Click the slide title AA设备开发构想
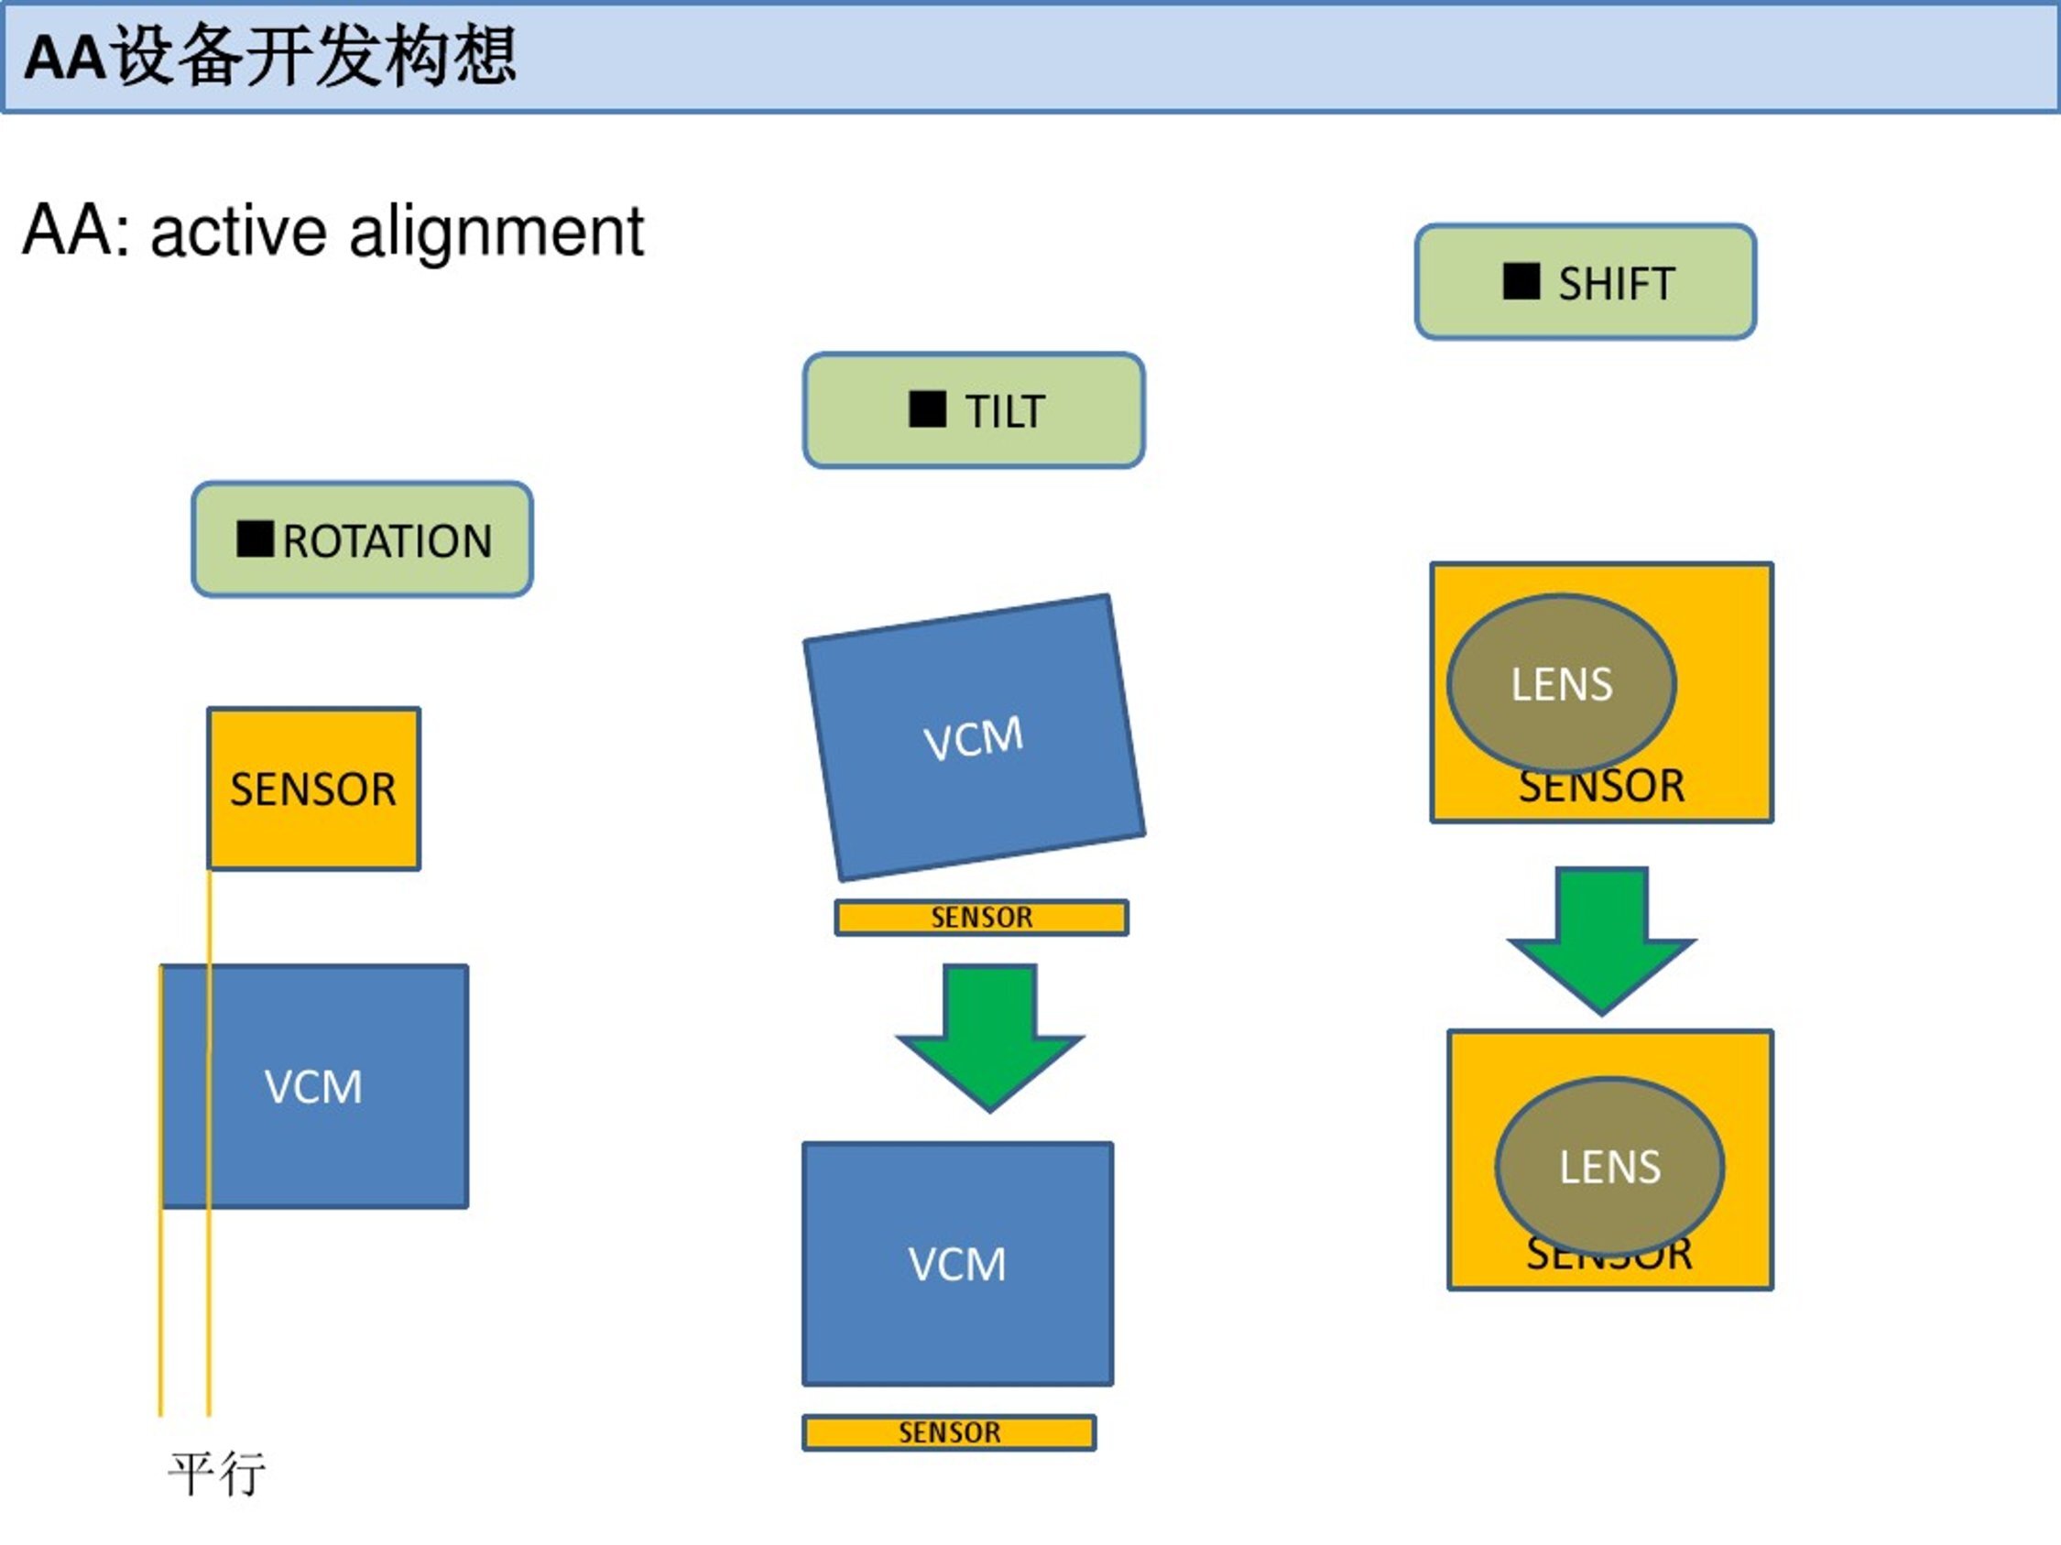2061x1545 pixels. (x=270, y=58)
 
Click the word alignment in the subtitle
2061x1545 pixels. (x=496, y=232)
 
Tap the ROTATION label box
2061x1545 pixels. (x=363, y=540)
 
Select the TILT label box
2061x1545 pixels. (x=974, y=410)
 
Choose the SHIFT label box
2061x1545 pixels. (x=1585, y=282)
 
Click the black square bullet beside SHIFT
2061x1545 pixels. (x=1521, y=281)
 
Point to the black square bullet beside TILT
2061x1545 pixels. (x=927, y=408)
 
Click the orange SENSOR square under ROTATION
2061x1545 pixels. (x=313, y=789)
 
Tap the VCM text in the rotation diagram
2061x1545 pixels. (x=313, y=1087)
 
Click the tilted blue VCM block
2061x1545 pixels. (x=974, y=738)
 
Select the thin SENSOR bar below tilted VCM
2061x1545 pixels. (x=981, y=918)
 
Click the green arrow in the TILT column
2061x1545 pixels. (x=989, y=1034)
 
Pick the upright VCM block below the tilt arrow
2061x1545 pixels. (x=958, y=1264)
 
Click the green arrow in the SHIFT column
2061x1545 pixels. (x=1602, y=937)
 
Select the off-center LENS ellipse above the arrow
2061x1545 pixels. (x=1562, y=683)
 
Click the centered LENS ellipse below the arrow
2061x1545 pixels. (x=1610, y=1166)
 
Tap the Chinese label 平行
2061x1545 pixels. (x=216, y=1474)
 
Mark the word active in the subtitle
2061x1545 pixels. (x=238, y=232)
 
